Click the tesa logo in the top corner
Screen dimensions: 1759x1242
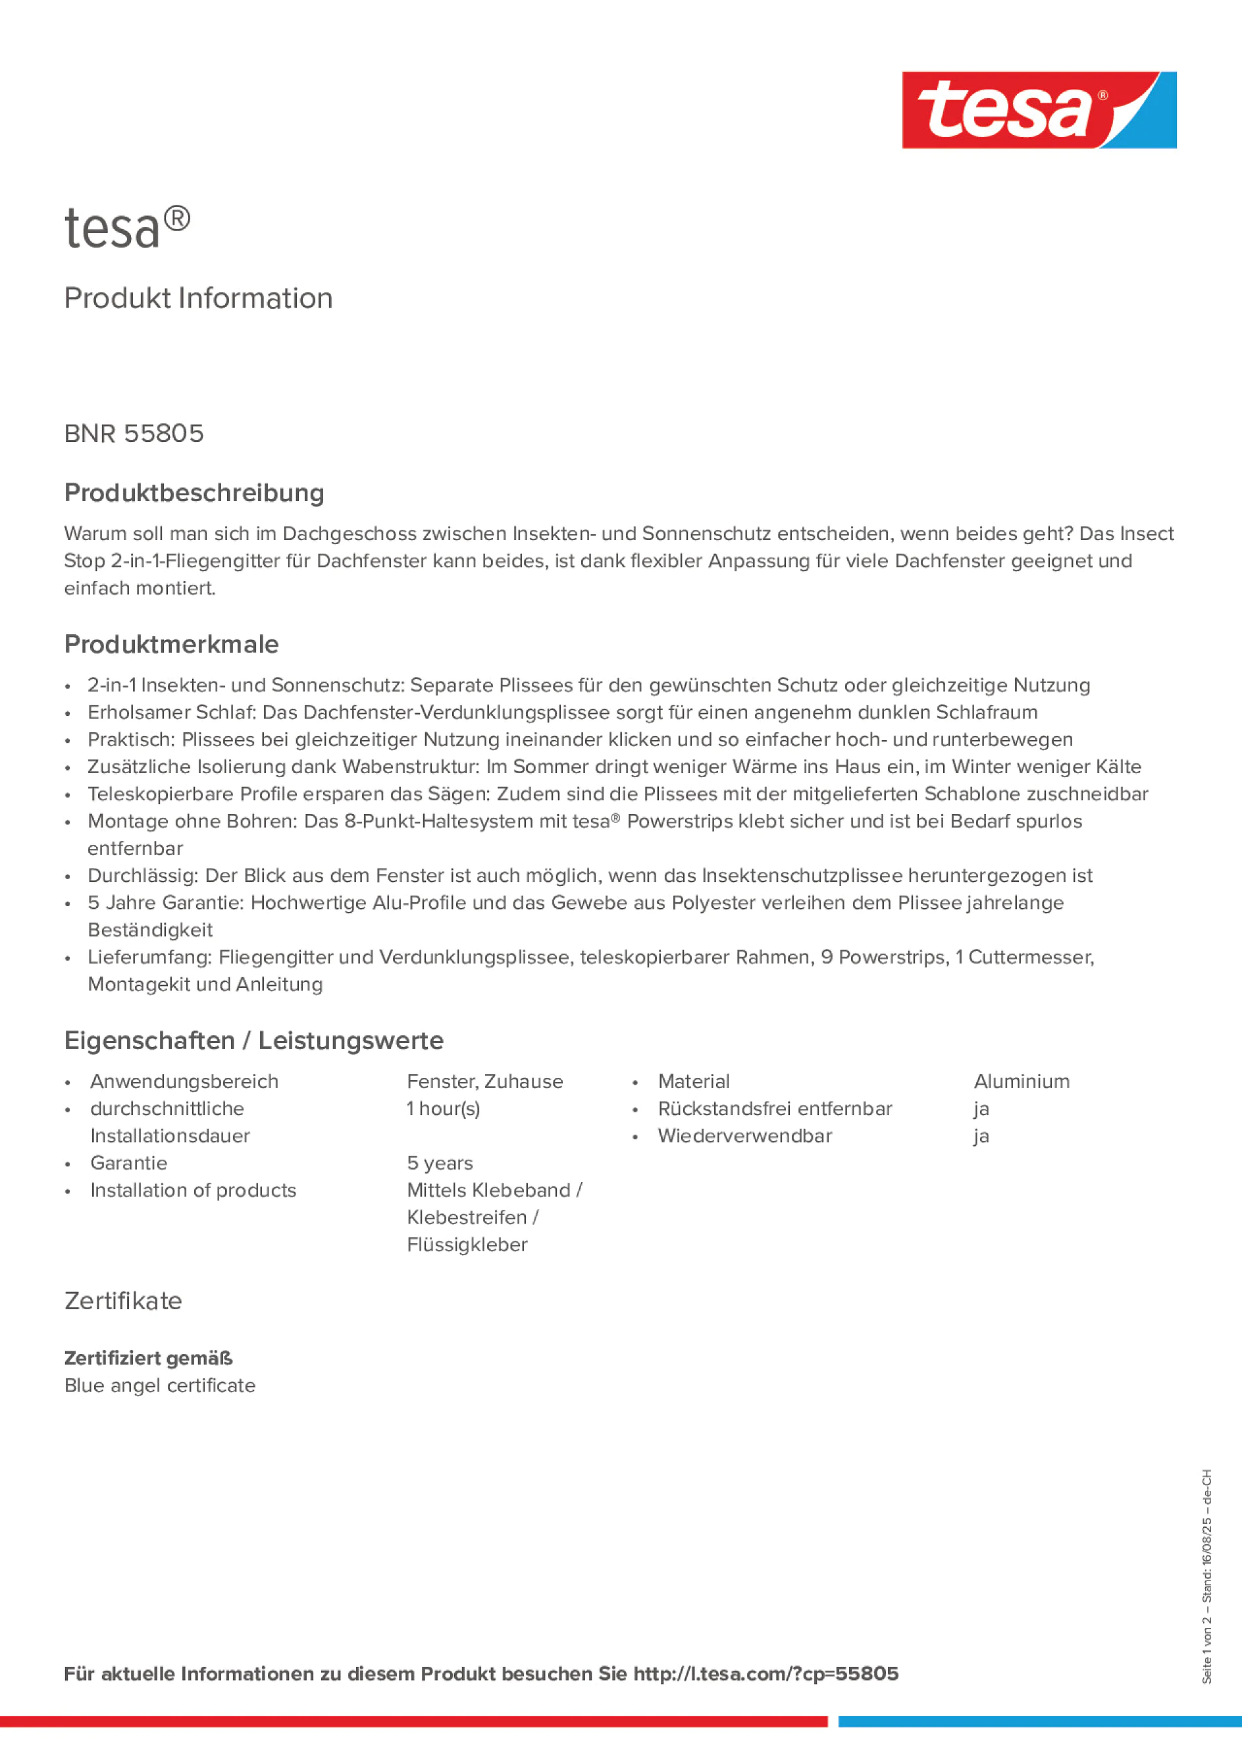pyautogui.click(x=1039, y=109)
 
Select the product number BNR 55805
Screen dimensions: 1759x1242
pyautogui.click(x=134, y=433)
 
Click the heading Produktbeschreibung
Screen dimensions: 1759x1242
pyautogui.click(x=194, y=493)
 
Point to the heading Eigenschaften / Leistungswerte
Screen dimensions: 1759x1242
pyautogui.click(x=253, y=1041)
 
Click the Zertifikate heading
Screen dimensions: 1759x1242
pyautogui.click(x=123, y=1301)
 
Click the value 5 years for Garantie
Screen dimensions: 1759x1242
pyautogui.click(x=440, y=1163)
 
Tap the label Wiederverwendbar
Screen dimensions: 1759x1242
pyautogui.click(x=744, y=1135)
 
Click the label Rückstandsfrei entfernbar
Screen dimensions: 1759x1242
pyautogui.click(x=775, y=1108)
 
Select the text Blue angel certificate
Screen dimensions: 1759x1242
pyautogui.click(x=159, y=1385)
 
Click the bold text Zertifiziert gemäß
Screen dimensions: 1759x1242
pyautogui.click(x=148, y=1359)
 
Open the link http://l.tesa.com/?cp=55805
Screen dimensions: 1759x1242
pyautogui.click(x=765, y=1673)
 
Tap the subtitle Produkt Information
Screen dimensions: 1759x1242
pyautogui.click(x=198, y=298)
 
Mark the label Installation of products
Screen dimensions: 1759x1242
pyautogui.click(x=193, y=1190)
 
